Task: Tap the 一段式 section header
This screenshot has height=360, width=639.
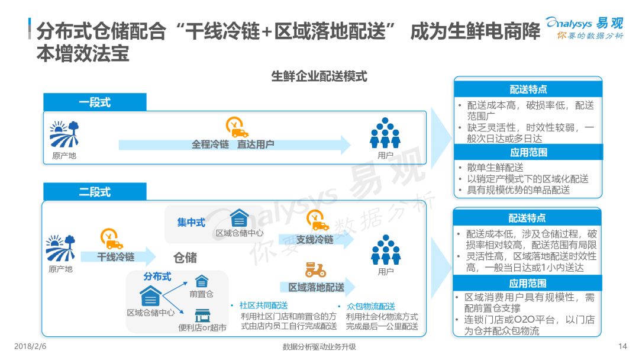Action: pyautogui.click(x=95, y=102)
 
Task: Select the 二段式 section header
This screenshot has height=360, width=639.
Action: pyautogui.click(x=95, y=192)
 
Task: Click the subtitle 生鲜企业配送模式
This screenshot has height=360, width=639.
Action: pyautogui.click(x=319, y=76)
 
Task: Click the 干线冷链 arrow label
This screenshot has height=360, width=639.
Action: pyautogui.click(x=115, y=257)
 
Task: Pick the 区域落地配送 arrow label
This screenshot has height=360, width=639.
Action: pyautogui.click(x=316, y=287)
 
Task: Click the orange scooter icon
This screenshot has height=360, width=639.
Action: pyautogui.click(x=315, y=270)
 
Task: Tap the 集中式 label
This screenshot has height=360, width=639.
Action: pyautogui.click(x=191, y=223)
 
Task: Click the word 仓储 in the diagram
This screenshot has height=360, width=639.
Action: pyautogui.click(x=185, y=258)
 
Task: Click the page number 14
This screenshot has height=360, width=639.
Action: pyautogui.click(x=622, y=346)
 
